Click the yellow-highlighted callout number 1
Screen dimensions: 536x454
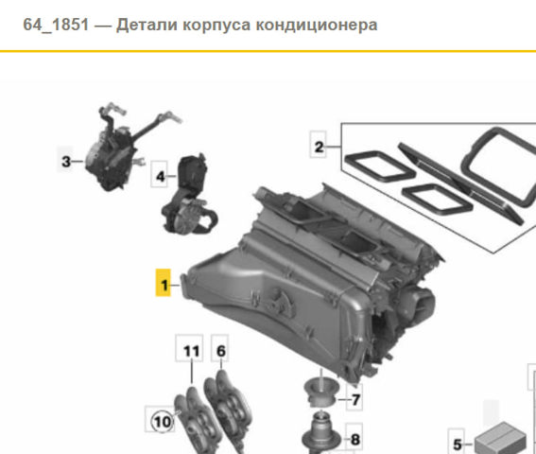pyautogui.click(x=164, y=283)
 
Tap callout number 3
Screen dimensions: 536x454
pyautogui.click(x=65, y=161)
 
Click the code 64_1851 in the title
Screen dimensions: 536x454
pyautogui.click(x=56, y=25)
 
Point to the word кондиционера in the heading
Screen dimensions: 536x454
pyautogui.click(x=316, y=25)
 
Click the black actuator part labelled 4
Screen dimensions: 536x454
pyautogui.click(x=190, y=195)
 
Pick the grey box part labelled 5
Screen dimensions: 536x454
pyautogui.click(x=500, y=439)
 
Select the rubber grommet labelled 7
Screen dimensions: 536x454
pyautogui.click(x=321, y=391)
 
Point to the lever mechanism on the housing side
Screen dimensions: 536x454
pyautogui.click(x=282, y=301)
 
